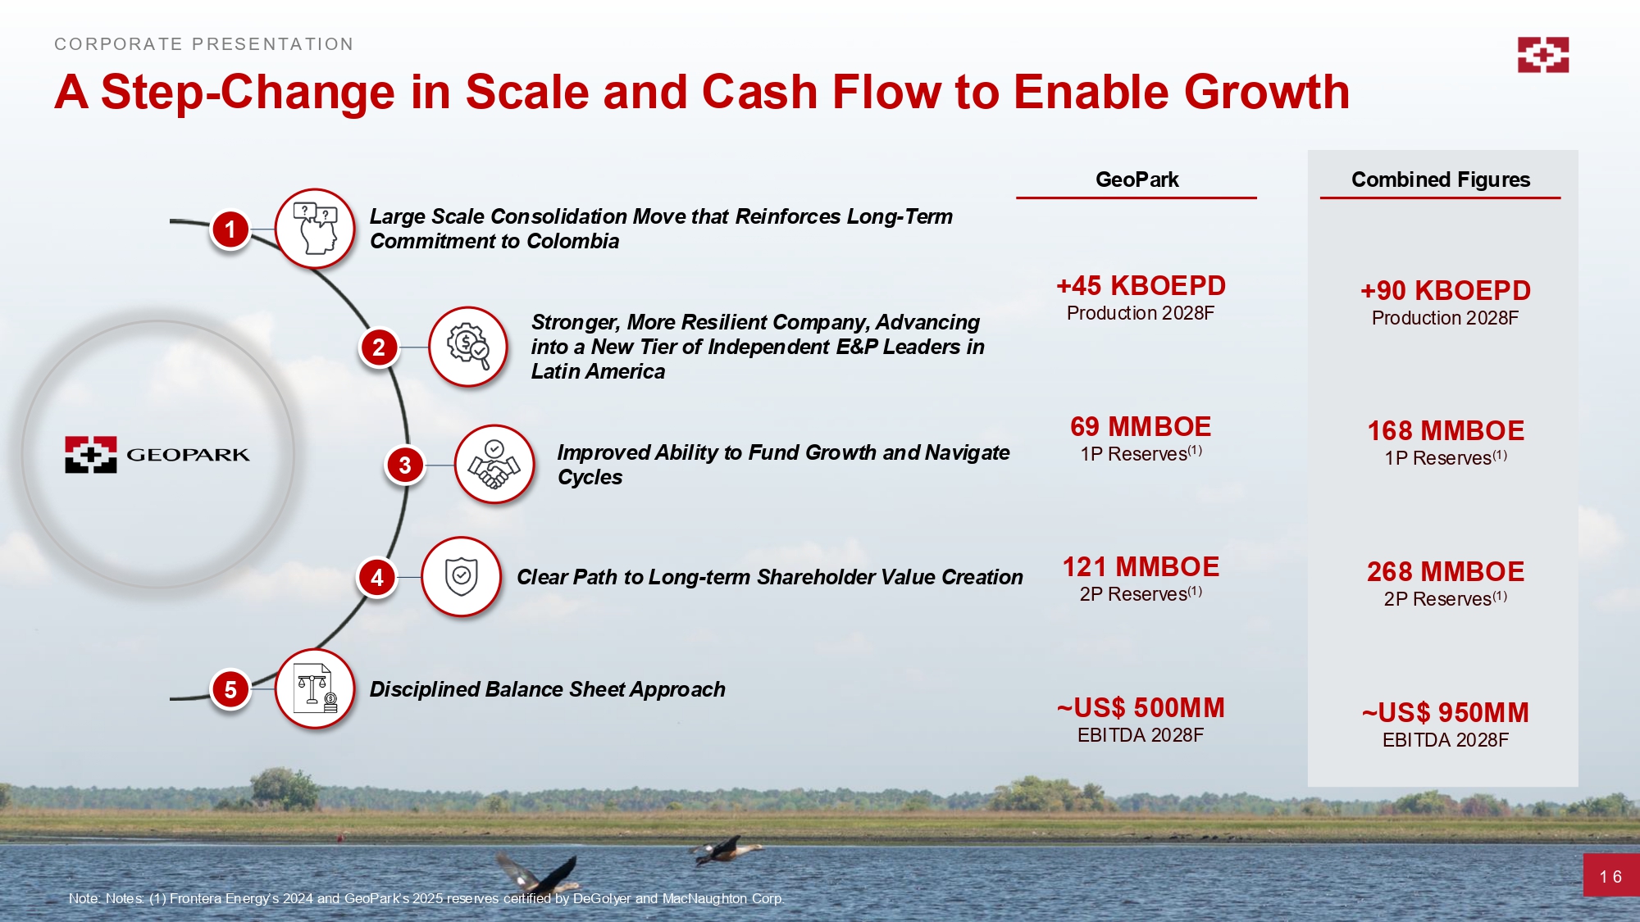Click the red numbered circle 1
click(x=230, y=229)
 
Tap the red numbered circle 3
click(x=404, y=466)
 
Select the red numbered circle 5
click(x=230, y=690)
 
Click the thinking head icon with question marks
click(x=315, y=229)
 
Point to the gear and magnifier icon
click(x=468, y=347)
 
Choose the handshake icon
click(x=494, y=465)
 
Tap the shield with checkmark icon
click(x=461, y=577)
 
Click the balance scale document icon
click(x=315, y=689)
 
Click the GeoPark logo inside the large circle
click(x=157, y=454)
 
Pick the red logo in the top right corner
click(x=1542, y=55)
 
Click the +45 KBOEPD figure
click(x=1141, y=286)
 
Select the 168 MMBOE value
click(x=1446, y=431)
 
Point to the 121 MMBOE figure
click(x=1141, y=567)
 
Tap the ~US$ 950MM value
click(x=1446, y=713)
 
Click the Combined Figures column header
click(x=1441, y=179)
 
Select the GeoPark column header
click(x=1137, y=179)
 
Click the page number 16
click(x=1610, y=877)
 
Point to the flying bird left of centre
click(x=539, y=872)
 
